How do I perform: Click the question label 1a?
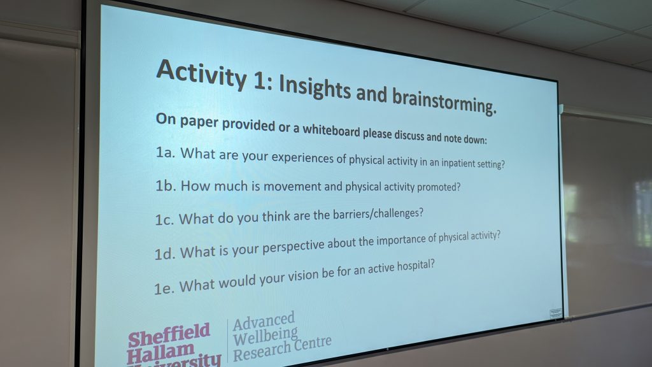165,153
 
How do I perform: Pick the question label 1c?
164,220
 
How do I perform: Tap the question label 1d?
165,254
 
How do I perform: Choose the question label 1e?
164,287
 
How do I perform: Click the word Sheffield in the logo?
169,335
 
